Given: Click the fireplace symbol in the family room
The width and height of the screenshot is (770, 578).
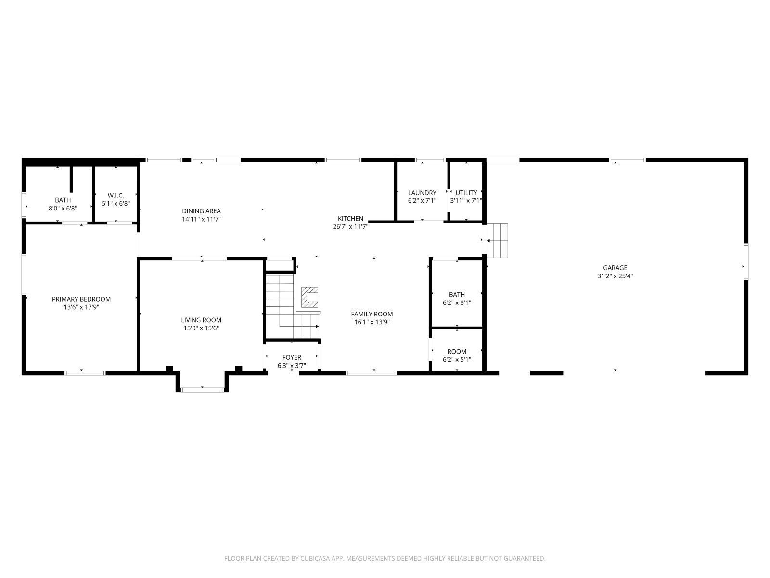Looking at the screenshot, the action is [x=309, y=297].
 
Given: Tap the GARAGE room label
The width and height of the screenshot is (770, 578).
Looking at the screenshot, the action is [x=615, y=268].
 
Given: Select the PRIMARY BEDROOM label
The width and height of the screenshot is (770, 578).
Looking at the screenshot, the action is [x=81, y=299].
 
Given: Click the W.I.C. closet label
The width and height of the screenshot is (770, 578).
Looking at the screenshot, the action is [x=116, y=196].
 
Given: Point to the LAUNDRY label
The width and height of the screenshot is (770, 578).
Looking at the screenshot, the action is [x=422, y=193].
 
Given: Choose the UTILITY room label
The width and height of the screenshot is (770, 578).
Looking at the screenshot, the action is [x=466, y=193].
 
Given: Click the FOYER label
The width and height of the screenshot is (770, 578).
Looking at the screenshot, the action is [x=292, y=357].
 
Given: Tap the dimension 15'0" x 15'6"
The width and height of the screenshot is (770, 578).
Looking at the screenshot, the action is [x=201, y=328].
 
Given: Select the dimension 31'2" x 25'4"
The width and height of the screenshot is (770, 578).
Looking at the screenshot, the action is [x=615, y=276].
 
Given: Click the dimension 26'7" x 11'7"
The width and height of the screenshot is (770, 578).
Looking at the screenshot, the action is [x=350, y=227].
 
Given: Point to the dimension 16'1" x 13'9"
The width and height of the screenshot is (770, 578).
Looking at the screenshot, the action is [x=372, y=322].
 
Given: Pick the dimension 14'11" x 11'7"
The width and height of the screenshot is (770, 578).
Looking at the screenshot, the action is [x=201, y=219].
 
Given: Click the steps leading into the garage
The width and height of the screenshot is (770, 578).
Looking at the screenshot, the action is [x=498, y=241].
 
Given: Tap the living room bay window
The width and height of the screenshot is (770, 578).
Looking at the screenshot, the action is [x=203, y=390].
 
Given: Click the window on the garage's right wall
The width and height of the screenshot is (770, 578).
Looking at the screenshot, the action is [x=746, y=262].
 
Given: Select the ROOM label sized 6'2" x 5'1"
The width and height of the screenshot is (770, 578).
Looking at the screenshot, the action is [x=457, y=352].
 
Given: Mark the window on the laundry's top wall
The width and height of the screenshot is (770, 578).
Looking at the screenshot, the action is [x=430, y=160].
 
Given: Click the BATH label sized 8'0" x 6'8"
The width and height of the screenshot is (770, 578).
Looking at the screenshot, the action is [x=63, y=200].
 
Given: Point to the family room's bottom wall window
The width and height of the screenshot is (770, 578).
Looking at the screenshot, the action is [x=371, y=373].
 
